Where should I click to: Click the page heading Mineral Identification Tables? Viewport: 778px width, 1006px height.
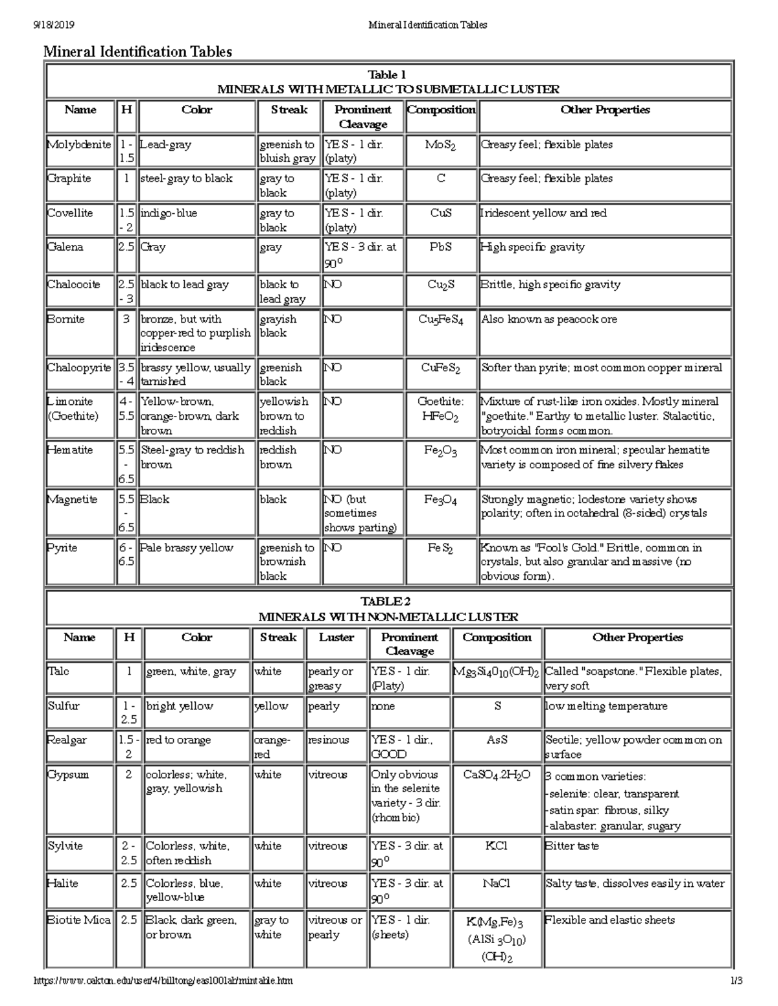(137, 52)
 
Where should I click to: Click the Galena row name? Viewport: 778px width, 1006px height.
(65, 247)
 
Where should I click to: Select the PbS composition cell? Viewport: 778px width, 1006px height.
(440, 247)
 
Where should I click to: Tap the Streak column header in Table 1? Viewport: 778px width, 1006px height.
(289, 109)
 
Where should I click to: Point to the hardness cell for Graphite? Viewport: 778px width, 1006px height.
(126, 178)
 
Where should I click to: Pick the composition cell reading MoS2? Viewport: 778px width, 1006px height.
(440, 145)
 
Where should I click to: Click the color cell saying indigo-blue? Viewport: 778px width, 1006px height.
(169, 213)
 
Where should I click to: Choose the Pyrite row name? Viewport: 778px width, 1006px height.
(62, 547)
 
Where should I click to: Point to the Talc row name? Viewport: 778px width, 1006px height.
(58, 671)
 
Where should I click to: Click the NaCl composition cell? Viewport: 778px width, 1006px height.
(497, 883)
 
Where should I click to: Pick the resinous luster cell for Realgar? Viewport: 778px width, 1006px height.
(329, 740)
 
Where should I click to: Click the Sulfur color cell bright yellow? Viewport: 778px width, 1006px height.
(180, 706)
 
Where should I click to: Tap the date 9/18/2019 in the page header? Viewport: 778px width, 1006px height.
(54, 25)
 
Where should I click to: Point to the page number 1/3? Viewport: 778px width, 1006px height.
(735, 981)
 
